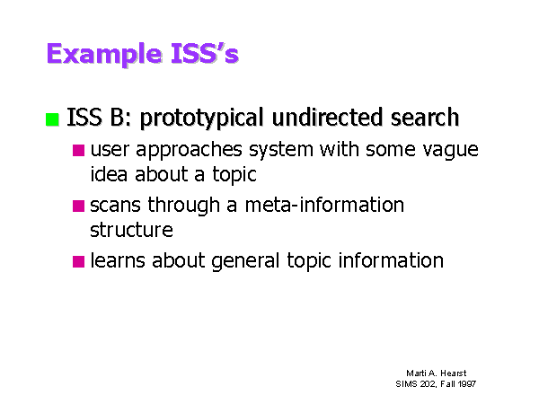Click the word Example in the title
pyautogui.click(x=104, y=54)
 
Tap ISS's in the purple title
pyautogui.click(x=205, y=53)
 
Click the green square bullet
pyautogui.click(x=52, y=119)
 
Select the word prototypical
pyautogui.click(x=202, y=119)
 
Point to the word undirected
pyautogui.click(x=327, y=117)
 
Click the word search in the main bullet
pyautogui.click(x=425, y=117)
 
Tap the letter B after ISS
pyautogui.click(x=117, y=117)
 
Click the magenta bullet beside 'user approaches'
pyautogui.click(x=79, y=151)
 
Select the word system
pyautogui.click(x=281, y=151)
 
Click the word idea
pyautogui.click(x=109, y=174)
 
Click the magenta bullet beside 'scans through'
pyautogui.click(x=79, y=206)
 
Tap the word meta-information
pyautogui.click(x=324, y=205)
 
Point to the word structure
pyautogui.click(x=131, y=230)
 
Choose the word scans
pyautogui.click(x=115, y=206)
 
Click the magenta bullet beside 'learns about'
pyautogui.click(x=79, y=261)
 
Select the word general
pyautogui.click(x=245, y=261)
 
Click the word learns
pyautogui.click(x=118, y=260)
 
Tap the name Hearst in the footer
pyautogui.click(x=454, y=373)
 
